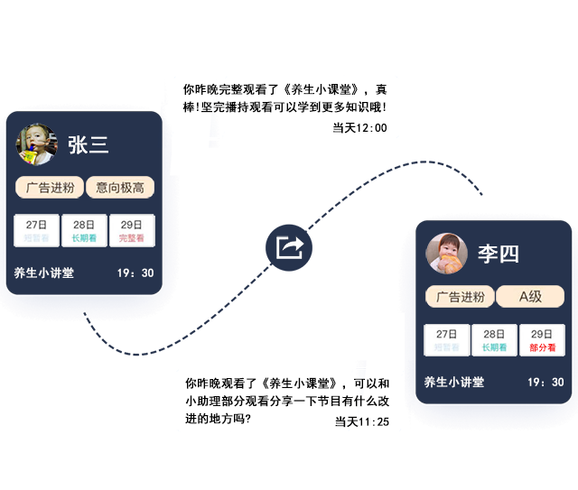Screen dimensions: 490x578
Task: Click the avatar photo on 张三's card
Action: (36, 144)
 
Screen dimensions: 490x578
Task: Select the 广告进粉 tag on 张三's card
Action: (50, 188)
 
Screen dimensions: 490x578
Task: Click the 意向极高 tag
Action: (120, 188)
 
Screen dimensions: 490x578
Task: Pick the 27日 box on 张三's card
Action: (37, 231)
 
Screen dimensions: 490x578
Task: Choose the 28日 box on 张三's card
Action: (84, 231)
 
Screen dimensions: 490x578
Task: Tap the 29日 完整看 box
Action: (132, 231)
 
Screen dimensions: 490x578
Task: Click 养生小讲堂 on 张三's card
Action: (44, 273)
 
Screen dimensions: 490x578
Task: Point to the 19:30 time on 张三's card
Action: (135, 273)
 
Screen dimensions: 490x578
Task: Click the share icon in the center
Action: (290, 247)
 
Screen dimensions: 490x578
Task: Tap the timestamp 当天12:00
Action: (359, 128)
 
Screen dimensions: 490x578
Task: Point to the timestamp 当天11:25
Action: (361, 421)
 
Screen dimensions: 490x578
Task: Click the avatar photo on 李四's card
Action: (446, 254)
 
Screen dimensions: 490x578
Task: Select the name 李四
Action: (499, 254)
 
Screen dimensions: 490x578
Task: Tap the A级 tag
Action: (530, 297)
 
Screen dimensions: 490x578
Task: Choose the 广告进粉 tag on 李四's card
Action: (460, 297)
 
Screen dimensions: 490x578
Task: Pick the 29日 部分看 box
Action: (542, 340)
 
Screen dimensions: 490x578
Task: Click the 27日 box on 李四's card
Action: (447, 340)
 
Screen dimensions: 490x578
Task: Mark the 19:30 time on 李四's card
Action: (545, 382)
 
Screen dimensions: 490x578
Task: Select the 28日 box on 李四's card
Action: (494, 340)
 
